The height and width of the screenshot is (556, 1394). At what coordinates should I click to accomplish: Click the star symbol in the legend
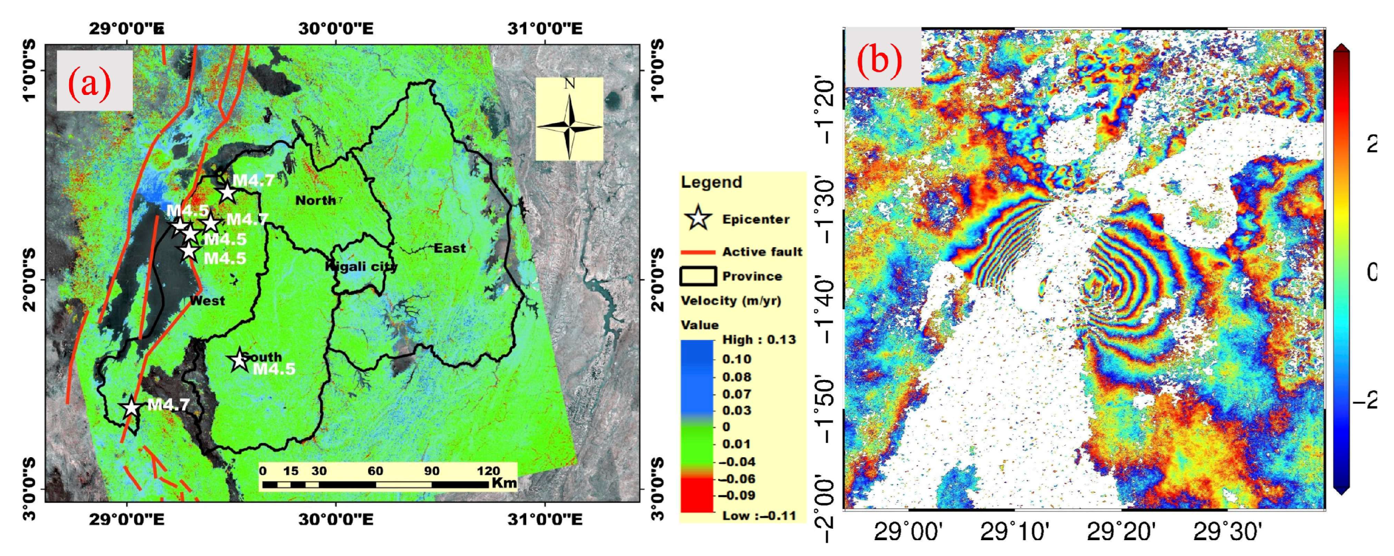click(x=698, y=219)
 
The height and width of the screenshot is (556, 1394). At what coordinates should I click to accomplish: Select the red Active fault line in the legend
click(x=698, y=252)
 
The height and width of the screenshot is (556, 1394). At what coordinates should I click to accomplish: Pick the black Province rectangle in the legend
click(x=698, y=276)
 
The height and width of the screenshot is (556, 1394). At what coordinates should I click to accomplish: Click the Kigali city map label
click(x=362, y=266)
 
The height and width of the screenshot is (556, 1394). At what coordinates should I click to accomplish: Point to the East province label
click(x=450, y=249)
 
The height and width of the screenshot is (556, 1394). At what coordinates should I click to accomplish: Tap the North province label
click(x=315, y=201)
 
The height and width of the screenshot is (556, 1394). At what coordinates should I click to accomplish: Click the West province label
click(x=207, y=301)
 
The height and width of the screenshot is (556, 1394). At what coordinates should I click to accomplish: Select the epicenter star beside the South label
click(x=239, y=360)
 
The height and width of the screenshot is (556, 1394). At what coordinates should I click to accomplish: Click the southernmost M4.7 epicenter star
click(x=131, y=408)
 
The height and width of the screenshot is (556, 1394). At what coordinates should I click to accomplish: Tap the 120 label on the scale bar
click(x=488, y=470)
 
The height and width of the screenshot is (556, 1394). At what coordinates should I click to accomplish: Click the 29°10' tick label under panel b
click(x=1014, y=533)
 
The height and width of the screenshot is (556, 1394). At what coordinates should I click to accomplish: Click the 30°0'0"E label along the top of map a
click(x=336, y=28)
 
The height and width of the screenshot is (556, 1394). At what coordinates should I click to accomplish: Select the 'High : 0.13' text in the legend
click(x=759, y=340)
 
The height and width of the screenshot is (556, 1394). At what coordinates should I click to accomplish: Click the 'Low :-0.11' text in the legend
click(x=759, y=515)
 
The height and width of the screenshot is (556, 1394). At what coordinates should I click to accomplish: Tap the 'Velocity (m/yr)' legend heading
click(x=730, y=301)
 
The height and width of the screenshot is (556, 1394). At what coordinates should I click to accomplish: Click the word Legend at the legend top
click(x=711, y=182)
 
